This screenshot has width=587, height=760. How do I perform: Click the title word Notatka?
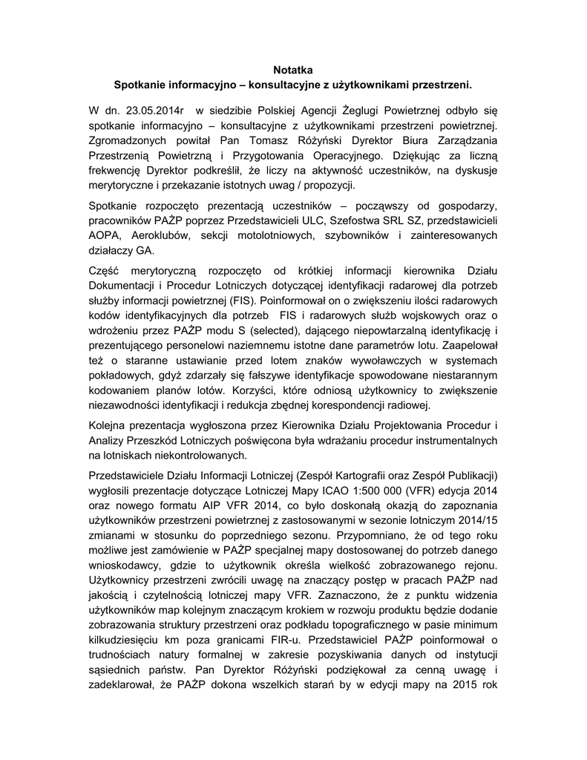pos(293,71)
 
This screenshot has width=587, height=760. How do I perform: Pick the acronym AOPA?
pos(105,236)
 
